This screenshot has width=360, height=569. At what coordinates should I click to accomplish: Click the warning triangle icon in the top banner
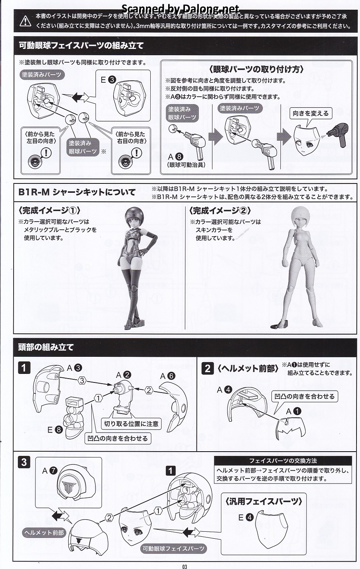coord(25,21)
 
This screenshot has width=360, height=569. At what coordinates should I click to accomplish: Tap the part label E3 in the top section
coord(108,80)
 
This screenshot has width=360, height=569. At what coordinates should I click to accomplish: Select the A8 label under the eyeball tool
coord(175,157)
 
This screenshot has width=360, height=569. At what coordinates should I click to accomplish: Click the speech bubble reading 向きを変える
coord(311,113)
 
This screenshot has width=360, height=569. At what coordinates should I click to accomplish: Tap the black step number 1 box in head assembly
coord(24,368)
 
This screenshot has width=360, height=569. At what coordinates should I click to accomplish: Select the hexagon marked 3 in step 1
coord(82,380)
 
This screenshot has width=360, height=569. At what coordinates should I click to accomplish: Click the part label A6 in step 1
coord(167,376)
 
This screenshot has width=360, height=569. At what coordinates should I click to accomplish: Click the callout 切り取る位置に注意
coord(131,424)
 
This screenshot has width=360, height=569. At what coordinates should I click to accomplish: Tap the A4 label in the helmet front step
coord(225,390)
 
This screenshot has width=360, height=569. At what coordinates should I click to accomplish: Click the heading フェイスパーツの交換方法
coord(283,461)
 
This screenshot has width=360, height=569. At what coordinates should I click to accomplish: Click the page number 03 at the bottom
coord(184,566)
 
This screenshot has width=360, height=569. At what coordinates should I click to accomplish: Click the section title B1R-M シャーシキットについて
coord(77,192)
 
